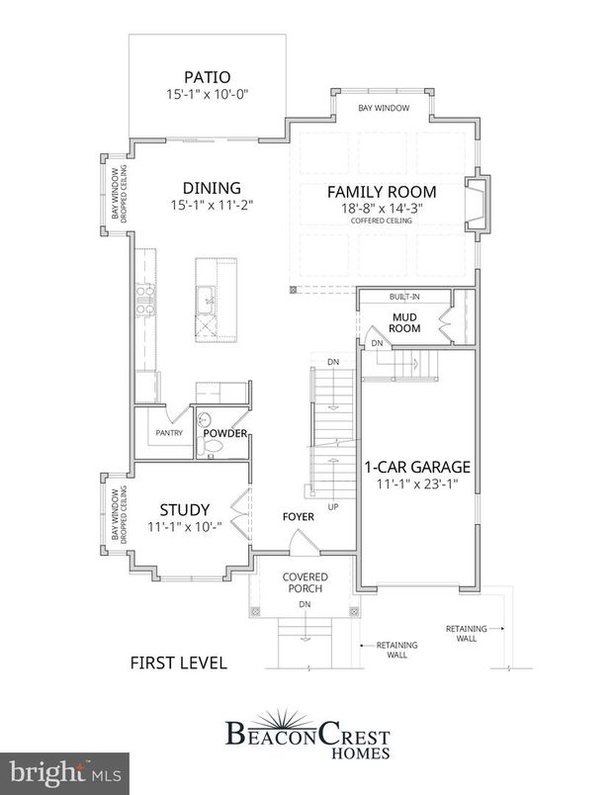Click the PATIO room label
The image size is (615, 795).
(x=207, y=76)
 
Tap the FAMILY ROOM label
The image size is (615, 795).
(x=382, y=192)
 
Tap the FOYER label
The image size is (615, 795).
(x=298, y=515)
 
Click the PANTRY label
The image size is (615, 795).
(x=164, y=433)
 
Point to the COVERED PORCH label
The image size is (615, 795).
(x=305, y=583)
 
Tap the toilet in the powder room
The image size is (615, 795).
(x=209, y=448)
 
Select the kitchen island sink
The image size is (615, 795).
(x=209, y=294)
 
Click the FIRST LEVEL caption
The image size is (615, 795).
(x=178, y=662)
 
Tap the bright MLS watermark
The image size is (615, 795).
(x=63, y=770)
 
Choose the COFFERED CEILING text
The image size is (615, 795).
(x=382, y=221)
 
